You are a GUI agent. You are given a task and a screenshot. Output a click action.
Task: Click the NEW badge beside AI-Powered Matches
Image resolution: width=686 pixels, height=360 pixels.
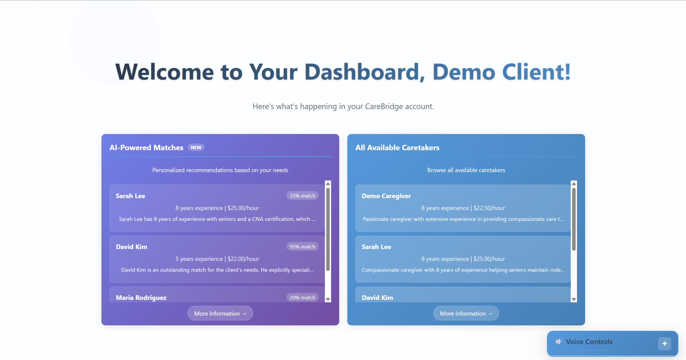(x=196, y=148)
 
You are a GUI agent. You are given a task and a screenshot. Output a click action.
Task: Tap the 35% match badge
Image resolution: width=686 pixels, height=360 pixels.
(x=302, y=196)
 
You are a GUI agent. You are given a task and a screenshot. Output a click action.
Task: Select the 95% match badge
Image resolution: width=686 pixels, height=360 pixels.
(x=302, y=247)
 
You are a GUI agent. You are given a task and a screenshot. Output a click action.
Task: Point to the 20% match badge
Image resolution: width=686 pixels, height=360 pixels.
(x=302, y=297)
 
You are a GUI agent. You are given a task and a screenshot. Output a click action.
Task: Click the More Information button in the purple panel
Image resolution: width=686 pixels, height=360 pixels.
(x=220, y=313)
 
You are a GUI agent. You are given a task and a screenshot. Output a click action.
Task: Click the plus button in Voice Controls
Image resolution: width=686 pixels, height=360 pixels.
(x=665, y=344)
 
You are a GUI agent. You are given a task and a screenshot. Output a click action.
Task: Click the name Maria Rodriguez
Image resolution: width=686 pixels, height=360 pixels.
(x=141, y=298)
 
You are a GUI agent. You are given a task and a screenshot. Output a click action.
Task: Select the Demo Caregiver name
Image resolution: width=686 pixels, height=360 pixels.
(x=386, y=196)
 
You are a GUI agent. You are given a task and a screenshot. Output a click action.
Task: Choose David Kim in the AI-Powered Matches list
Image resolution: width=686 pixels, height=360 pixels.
(x=131, y=247)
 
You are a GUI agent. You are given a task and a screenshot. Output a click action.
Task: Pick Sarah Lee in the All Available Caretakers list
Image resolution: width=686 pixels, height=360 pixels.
(x=376, y=247)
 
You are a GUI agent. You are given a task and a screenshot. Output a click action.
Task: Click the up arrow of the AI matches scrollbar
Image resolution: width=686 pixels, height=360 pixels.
(x=328, y=184)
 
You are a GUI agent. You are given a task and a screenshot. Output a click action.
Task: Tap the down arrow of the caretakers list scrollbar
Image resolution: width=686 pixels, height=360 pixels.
(x=574, y=299)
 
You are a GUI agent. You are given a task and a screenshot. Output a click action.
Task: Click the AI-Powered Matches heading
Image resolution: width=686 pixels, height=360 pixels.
(x=146, y=148)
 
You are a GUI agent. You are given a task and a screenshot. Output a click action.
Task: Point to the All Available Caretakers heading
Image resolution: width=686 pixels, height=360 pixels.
(x=397, y=148)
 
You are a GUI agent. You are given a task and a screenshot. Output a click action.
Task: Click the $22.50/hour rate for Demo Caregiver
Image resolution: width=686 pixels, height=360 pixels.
(x=489, y=208)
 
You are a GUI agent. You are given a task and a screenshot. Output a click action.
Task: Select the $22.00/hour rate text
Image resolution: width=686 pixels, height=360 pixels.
(x=243, y=259)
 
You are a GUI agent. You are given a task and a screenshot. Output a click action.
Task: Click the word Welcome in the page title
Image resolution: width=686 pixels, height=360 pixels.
(x=164, y=72)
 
